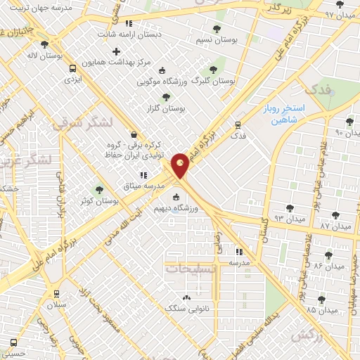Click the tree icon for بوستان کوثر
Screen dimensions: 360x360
tap(99, 189)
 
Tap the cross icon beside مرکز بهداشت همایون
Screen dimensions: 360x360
tap(116, 51)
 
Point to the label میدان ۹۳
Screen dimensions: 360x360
tap(289, 219)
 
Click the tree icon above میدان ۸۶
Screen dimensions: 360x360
tap(328, 255)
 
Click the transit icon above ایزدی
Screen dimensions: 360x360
tap(72, 69)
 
